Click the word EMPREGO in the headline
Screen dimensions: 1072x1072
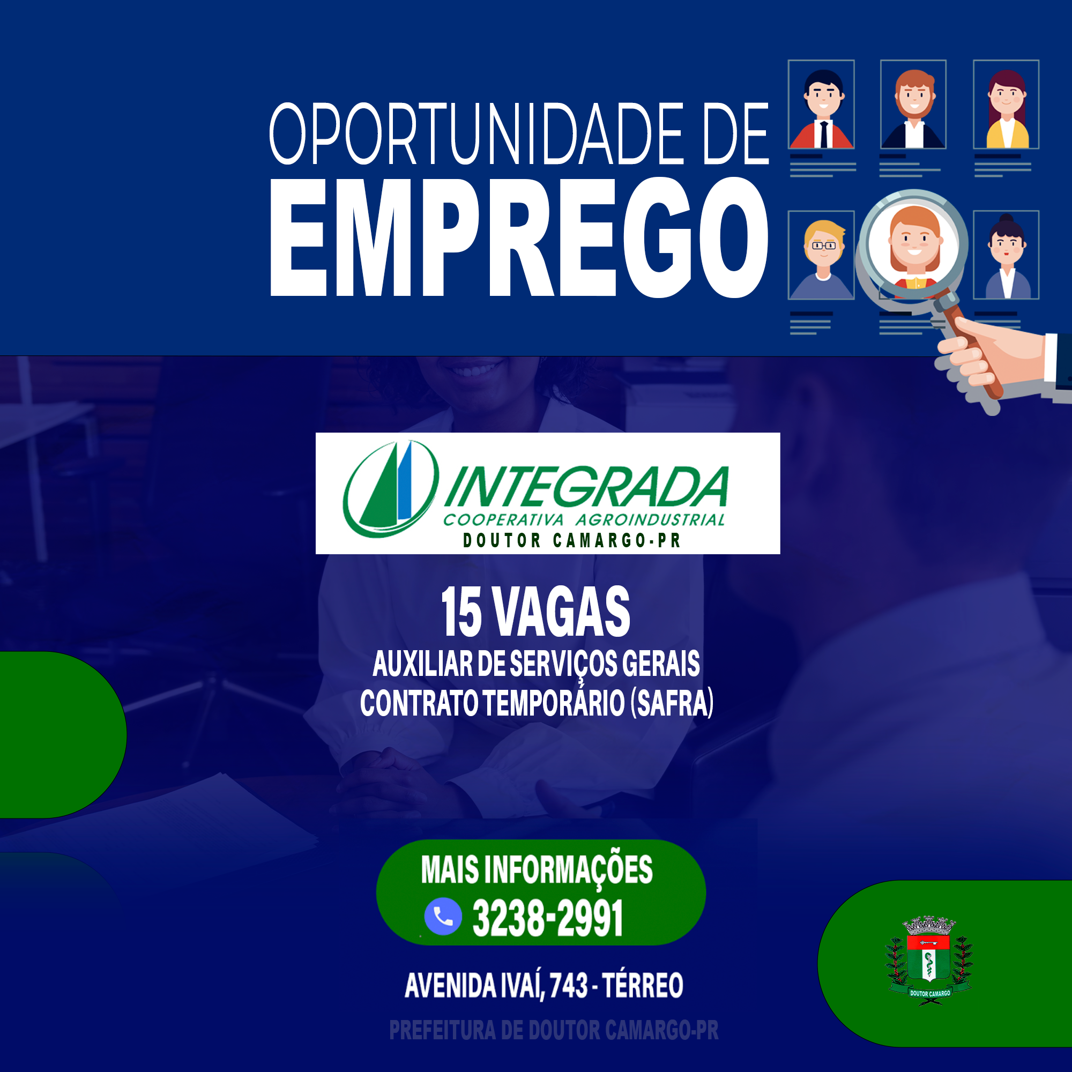[519, 237]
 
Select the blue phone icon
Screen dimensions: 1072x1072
[443, 916]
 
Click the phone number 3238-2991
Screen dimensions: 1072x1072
[547, 918]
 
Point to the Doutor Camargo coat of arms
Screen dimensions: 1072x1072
[929, 961]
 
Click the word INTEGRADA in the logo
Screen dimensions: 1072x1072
[586, 487]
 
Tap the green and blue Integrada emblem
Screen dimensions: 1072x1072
[391, 489]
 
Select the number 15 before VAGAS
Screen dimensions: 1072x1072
[461, 612]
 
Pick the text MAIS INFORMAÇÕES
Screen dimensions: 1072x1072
[537, 869]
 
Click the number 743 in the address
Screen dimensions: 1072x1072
[569, 986]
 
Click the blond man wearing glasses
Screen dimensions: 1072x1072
[822, 259]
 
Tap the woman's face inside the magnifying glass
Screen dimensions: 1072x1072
[914, 240]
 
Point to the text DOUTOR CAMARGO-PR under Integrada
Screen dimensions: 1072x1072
[572, 540]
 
